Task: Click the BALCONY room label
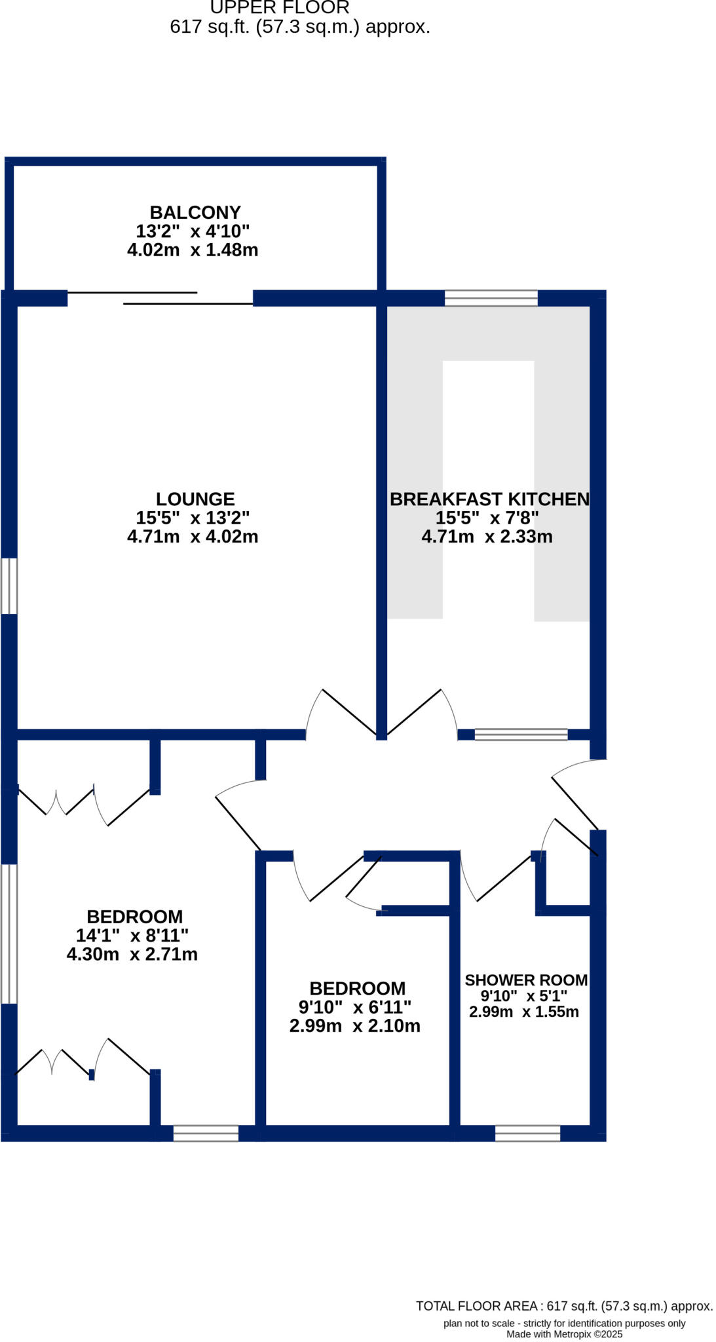(x=195, y=212)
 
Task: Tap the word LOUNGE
(x=195, y=499)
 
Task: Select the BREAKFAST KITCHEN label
(x=489, y=499)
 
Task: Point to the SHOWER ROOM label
(x=526, y=980)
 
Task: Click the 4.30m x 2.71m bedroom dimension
(x=132, y=954)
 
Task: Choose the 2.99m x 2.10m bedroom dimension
(x=355, y=1026)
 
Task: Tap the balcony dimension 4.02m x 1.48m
(x=193, y=250)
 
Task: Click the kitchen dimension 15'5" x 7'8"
(x=487, y=518)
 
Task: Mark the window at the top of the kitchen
(x=491, y=298)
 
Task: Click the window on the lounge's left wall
(x=9, y=586)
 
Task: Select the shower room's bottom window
(x=527, y=1134)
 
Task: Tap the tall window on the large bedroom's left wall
(x=9, y=934)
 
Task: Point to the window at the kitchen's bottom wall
(x=521, y=735)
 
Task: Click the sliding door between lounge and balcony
(x=160, y=298)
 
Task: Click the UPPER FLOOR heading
(x=280, y=8)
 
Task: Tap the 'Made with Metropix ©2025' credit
(x=564, y=1334)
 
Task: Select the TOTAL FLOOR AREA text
(x=564, y=1306)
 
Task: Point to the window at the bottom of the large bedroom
(x=206, y=1134)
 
